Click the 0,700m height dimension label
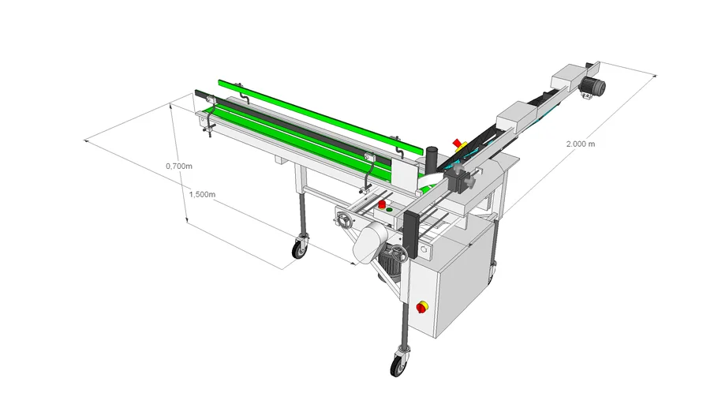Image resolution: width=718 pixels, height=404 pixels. point(179,166)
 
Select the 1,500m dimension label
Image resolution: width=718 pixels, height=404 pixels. point(202,194)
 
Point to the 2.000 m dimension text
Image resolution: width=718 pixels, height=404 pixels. point(581,144)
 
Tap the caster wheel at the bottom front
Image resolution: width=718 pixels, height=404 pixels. point(397,362)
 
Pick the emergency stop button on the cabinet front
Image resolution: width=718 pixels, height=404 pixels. point(422,307)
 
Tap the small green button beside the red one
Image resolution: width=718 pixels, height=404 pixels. point(389,210)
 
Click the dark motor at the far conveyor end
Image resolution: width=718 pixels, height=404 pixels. point(593,86)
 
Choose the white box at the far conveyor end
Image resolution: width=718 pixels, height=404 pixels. point(568,77)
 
